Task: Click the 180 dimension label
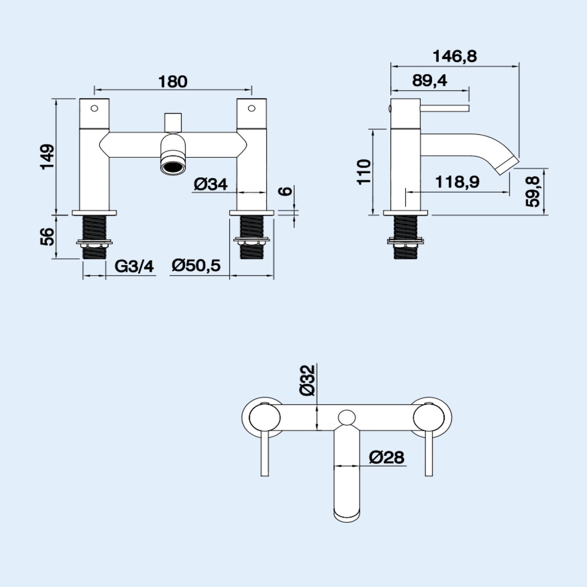point(172,81)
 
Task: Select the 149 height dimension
point(48,157)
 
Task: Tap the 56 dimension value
point(48,237)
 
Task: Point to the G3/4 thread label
point(134,266)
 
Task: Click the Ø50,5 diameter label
point(196,265)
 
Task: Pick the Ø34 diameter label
point(211,185)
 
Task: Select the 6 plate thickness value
point(287,191)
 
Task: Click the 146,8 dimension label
point(455,56)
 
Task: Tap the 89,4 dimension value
point(430,81)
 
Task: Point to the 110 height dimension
point(364,172)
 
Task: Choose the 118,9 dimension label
point(457,182)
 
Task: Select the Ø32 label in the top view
point(307,380)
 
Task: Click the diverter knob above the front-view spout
point(173,122)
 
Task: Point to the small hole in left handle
point(94,108)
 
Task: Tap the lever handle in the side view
point(445,108)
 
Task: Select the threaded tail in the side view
point(405,237)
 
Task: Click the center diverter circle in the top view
point(347,418)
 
